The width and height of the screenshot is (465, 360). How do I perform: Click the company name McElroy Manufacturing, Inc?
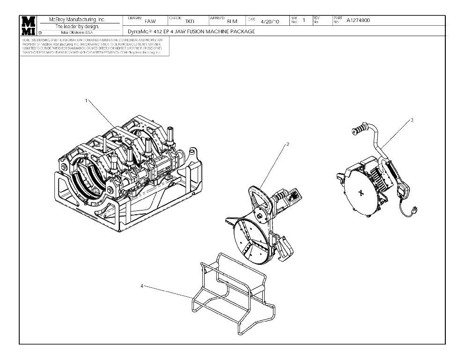[x=78, y=20]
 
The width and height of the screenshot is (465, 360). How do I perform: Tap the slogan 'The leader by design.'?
[x=77, y=26]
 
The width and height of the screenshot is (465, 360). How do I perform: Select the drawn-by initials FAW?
[x=150, y=21]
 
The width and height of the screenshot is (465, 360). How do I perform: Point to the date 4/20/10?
[x=270, y=21]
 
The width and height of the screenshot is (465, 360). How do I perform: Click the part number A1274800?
[x=358, y=20]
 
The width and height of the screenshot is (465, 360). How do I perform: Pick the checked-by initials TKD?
[x=190, y=21]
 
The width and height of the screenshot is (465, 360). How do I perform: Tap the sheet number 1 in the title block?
[x=303, y=20]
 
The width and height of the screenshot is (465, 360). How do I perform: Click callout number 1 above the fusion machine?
[x=86, y=100]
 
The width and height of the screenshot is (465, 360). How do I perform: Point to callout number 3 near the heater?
[x=412, y=120]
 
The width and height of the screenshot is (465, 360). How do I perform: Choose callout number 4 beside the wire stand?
[x=142, y=285]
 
